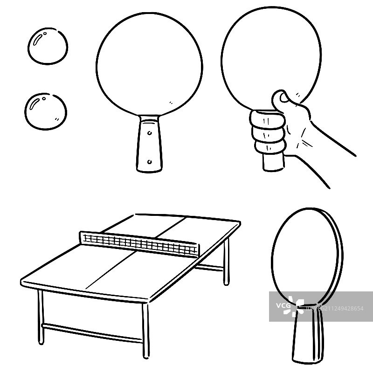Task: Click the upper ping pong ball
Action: click(x=48, y=46)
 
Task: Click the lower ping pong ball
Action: click(x=46, y=111)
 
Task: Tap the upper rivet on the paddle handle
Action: click(x=149, y=133)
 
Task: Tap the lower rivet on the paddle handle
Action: click(x=149, y=162)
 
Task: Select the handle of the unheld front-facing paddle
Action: click(x=149, y=144)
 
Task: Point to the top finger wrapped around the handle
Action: click(x=267, y=120)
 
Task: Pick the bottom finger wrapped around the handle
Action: click(x=270, y=147)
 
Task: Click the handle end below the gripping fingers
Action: click(x=274, y=162)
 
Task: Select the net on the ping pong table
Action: click(x=139, y=244)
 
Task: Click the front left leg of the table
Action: click(x=41, y=317)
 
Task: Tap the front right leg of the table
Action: click(x=146, y=331)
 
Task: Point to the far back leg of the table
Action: click(x=226, y=261)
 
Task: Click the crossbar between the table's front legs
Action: click(x=92, y=333)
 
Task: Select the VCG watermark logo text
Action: click(x=283, y=305)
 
